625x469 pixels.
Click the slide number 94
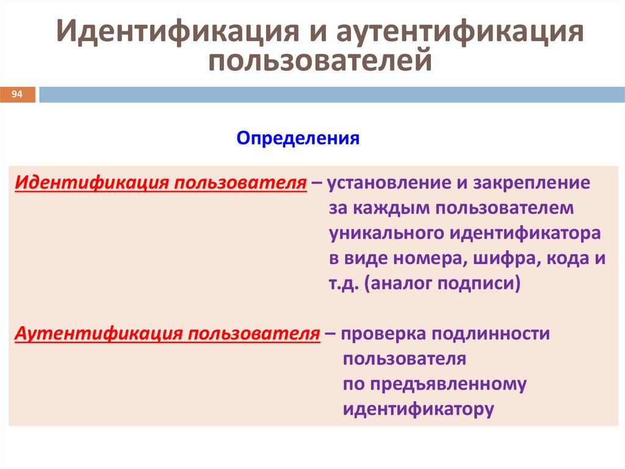[x=16, y=94]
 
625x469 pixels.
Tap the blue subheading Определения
[x=298, y=138]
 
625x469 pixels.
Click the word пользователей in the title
[x=320, y=61]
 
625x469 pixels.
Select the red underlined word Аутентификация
[x=99, y=334]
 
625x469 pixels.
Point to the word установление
[x=389, y=183]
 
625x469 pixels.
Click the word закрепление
[x=532, y=183]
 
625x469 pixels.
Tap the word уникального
[x=386, y=234]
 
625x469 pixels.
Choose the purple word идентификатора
[x=526, y=233]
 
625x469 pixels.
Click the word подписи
[x=476, y=284]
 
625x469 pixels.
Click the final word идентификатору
[x=419, y=409]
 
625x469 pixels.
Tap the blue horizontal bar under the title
[x=332, y=95]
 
